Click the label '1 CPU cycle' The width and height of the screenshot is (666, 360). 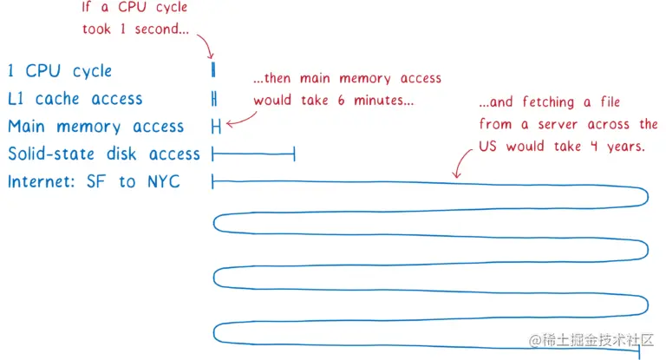pyautogui.click(x=59, y=71)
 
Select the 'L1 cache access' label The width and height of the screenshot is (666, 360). pyautogui.click(x=75, y=99)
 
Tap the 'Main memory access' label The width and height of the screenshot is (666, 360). pyautogui.click(x=95, y=127)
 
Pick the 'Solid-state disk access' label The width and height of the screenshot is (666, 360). pyautogui.click(x=104, y=154)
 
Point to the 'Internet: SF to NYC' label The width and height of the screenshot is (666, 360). pyautogui.click(x=94, y=182)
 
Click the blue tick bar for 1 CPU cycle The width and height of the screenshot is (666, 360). pyautogui.click(x=213, y=69)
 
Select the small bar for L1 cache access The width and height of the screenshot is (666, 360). pyautogui.click(x=213, y=98)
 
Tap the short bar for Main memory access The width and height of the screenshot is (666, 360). pyautogui.click(x=216, y=127)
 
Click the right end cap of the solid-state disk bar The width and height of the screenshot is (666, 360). pyautogui.click(x=295, y=154)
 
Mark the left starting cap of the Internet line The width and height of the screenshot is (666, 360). pyautogui.click(x=213, y=182)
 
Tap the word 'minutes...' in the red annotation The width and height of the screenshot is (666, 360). pyautogui.click(x=382, y=100)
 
